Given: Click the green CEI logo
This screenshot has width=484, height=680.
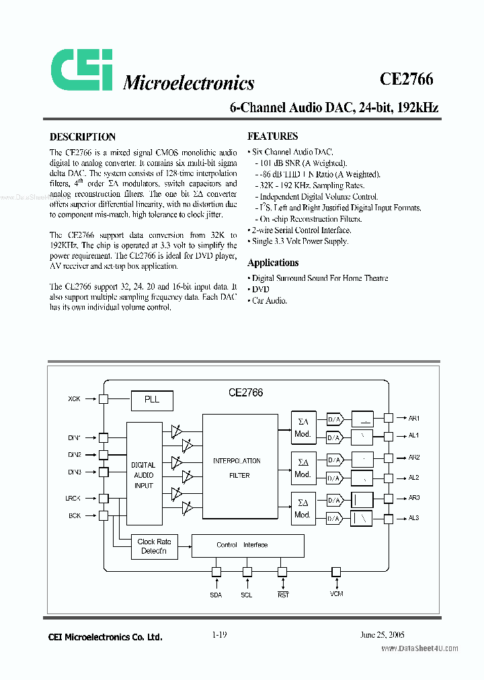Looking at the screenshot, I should coord(82,71).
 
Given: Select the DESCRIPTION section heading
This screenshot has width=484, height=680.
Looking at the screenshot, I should coord(83,136).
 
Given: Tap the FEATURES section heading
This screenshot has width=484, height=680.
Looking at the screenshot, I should coord(272,136).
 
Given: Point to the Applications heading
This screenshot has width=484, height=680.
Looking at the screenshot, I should coord(273,263).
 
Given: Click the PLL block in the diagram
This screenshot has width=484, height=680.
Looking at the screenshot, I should coord(152,400).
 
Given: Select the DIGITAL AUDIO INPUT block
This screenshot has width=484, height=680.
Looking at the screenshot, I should coord(143,474).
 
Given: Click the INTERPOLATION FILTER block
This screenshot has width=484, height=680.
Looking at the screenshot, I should coord(239,468).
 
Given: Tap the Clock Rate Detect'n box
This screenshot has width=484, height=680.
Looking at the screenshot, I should coord(154,546).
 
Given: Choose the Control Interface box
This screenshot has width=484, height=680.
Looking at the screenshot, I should coord(247,545).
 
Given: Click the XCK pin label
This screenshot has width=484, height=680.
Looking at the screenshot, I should coord(74,399).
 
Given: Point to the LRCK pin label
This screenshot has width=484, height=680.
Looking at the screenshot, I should coord(73,498).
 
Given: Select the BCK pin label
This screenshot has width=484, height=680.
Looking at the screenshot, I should coord(74,515).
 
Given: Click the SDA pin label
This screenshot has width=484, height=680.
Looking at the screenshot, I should coord(216,596).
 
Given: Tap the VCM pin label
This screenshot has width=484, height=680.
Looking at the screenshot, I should coord(336,596).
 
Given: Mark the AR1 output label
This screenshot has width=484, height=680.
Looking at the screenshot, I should coord(414,418).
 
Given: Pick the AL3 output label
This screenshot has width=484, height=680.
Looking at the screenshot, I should coord(413,518).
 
